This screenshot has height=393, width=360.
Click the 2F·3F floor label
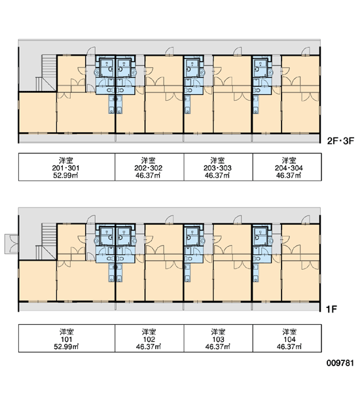340,141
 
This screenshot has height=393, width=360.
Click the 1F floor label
331,309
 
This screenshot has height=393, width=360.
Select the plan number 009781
340,363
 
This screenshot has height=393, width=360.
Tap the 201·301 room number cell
65,168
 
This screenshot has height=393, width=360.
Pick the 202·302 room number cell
149,168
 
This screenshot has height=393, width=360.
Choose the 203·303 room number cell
217,168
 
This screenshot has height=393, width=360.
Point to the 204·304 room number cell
289,168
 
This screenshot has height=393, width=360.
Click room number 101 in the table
66,339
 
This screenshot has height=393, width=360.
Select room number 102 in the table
149,339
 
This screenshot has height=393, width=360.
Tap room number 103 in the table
218,339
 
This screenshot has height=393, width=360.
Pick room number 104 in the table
289,339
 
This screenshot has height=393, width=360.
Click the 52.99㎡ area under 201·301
65,176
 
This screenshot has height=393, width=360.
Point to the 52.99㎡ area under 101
66,347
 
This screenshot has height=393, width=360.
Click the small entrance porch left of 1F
12,244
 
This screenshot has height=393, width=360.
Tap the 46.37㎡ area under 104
289,347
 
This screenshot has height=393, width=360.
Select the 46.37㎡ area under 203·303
217,176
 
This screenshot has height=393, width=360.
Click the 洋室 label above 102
149,332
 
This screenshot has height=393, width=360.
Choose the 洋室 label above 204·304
289,160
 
